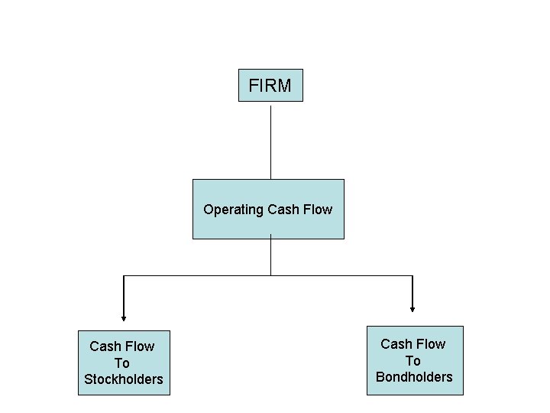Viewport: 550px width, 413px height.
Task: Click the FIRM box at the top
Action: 270,86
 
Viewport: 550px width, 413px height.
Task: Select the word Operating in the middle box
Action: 232,210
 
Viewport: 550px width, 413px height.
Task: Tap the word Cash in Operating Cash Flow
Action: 283,210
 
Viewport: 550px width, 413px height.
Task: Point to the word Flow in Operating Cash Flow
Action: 318,210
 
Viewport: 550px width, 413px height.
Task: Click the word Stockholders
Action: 124,379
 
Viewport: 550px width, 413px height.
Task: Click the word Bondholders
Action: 414,376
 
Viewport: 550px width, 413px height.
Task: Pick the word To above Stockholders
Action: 122,363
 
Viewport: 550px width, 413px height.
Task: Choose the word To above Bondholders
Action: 413,360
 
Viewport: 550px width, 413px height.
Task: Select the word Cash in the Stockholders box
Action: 105,346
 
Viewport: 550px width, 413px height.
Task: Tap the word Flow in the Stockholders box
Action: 139,346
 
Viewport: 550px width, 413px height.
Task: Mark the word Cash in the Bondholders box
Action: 396,344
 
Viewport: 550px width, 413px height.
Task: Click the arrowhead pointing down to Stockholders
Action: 122,315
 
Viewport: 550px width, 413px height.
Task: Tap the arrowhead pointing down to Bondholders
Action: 412,308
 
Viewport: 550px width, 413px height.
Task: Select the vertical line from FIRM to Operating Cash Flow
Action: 270,141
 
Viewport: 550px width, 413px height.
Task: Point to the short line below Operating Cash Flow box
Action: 270,256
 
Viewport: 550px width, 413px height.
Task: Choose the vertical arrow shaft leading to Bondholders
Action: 412,291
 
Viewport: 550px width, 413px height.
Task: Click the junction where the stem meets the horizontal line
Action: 270,275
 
